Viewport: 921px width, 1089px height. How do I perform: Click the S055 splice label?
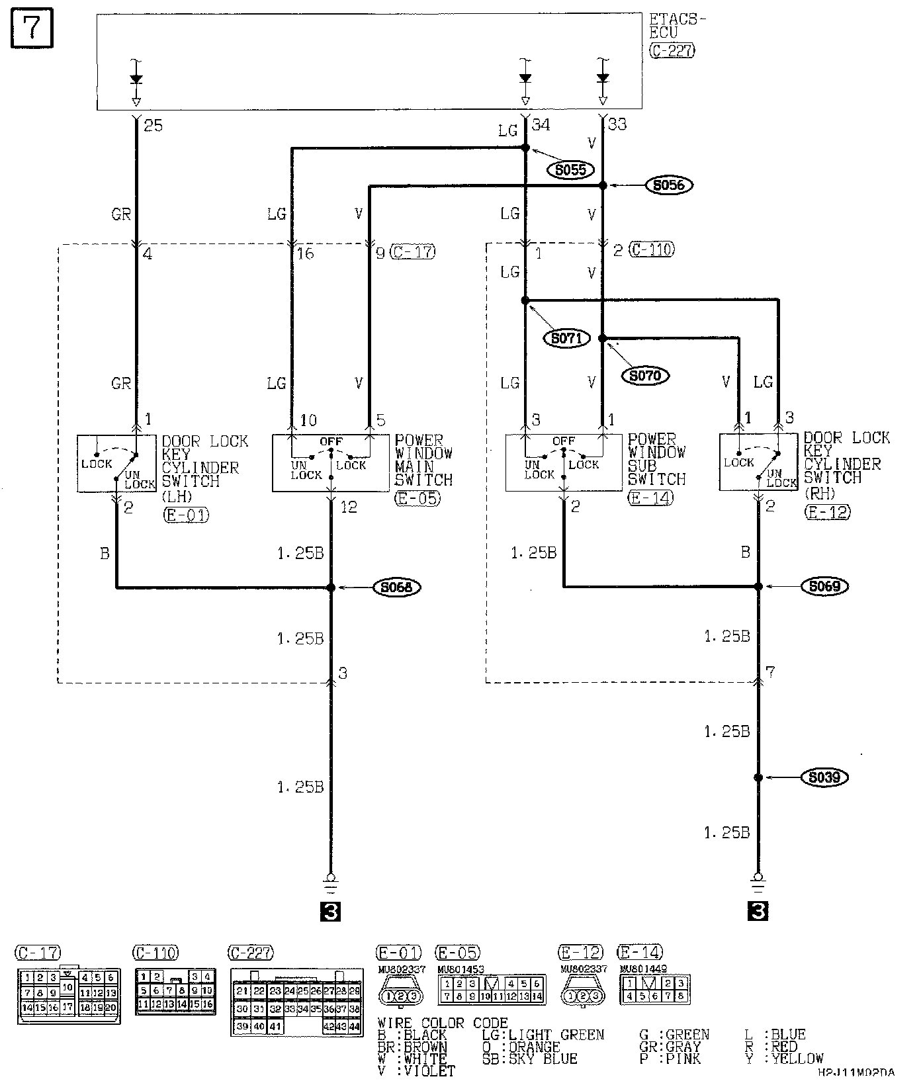click(x=570, y=170)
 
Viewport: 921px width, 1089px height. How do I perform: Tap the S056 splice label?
click(x=668, y=185)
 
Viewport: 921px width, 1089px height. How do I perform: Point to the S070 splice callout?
click(x=645, y=376)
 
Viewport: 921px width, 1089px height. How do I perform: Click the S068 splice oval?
click(x=396, y=587)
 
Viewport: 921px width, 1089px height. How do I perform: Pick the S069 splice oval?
click(x=824, y=586)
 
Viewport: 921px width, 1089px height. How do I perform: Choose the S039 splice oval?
click(x=824, y=777)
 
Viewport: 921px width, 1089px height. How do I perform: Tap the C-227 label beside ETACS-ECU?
click(x=672, y=50)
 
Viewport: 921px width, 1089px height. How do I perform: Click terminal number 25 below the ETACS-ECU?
click(x=153, y=125)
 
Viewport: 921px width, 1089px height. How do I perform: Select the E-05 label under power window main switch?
click(x=417, y=498)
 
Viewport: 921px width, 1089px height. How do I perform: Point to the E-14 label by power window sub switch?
click(x=650, y=498)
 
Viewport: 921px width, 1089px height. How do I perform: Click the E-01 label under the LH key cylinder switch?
click(x=185, y=514)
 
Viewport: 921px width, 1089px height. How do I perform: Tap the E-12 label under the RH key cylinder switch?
click(x=827, y=511)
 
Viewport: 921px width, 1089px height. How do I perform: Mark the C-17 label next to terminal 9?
click(x=414, y=252)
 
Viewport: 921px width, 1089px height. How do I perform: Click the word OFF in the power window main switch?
click(x=331, y=441)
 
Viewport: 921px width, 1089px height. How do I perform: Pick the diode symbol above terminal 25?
click(x=136, y=79)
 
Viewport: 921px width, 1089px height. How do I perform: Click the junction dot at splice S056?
click(x=603, y=186)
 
